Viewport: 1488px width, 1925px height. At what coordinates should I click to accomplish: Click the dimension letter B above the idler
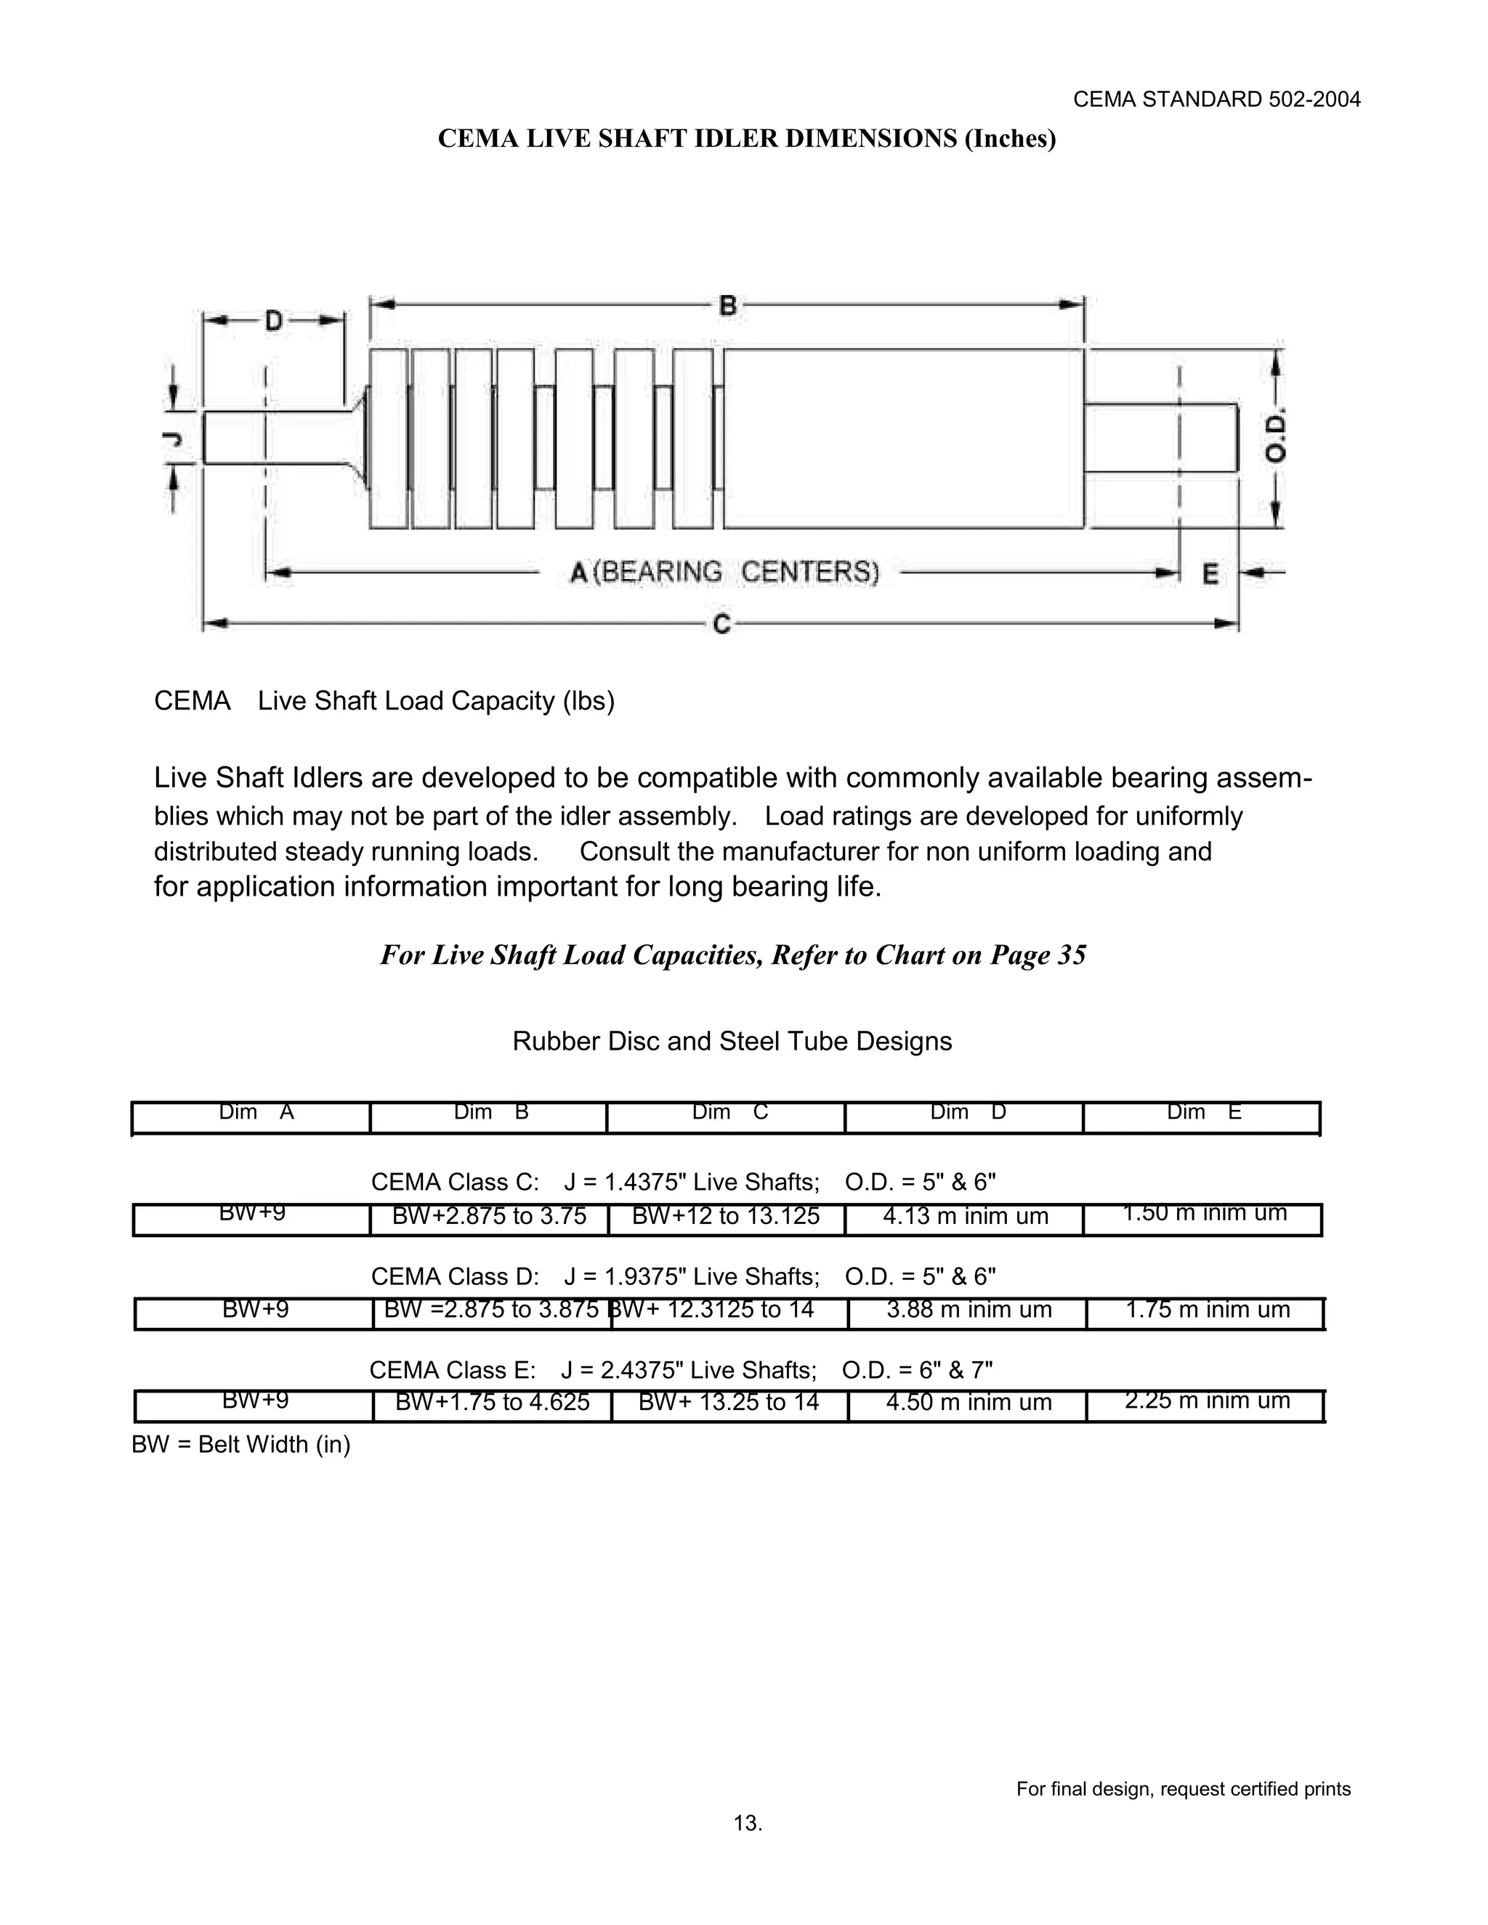pyautogui.click(x=727, y=305)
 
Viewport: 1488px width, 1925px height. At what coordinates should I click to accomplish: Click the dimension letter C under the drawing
pyautogui.click(x=721, y=624)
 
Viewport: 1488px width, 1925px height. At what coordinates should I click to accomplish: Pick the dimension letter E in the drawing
pyautogui.click(x=1210, y=574)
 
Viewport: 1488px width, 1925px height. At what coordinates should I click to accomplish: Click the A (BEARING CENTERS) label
pyautogui.click(x=724, y=573)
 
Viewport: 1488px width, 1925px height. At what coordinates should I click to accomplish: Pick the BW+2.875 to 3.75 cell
pyautogui.click(x=489, y=1216)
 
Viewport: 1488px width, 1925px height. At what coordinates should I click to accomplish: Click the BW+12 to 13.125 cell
pyautogui.click(x=727, y=1216)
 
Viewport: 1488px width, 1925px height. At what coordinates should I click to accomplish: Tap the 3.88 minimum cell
pyautogui.click(x=969, y=1310)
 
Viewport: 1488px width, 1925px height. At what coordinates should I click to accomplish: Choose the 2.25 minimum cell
pyautogui.click(x=1207, y=1401)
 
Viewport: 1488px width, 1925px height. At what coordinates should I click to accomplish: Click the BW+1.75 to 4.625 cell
pyautogui.click(x=492, y=1401)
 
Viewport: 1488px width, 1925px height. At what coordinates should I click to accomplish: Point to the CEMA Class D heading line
pyautogui.click(x=683, y=1276)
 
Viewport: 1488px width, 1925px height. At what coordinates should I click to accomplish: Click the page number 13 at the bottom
pyautogui.click(x=748, y=1823)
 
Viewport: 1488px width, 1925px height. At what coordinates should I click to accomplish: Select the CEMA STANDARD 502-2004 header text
pyautogui.click(x=1216, y=100)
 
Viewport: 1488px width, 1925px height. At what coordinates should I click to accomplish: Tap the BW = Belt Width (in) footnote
pyautogui.click(x=240, y=1445)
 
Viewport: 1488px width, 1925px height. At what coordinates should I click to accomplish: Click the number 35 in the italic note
pyautogui.click(x=1070, y=955)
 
